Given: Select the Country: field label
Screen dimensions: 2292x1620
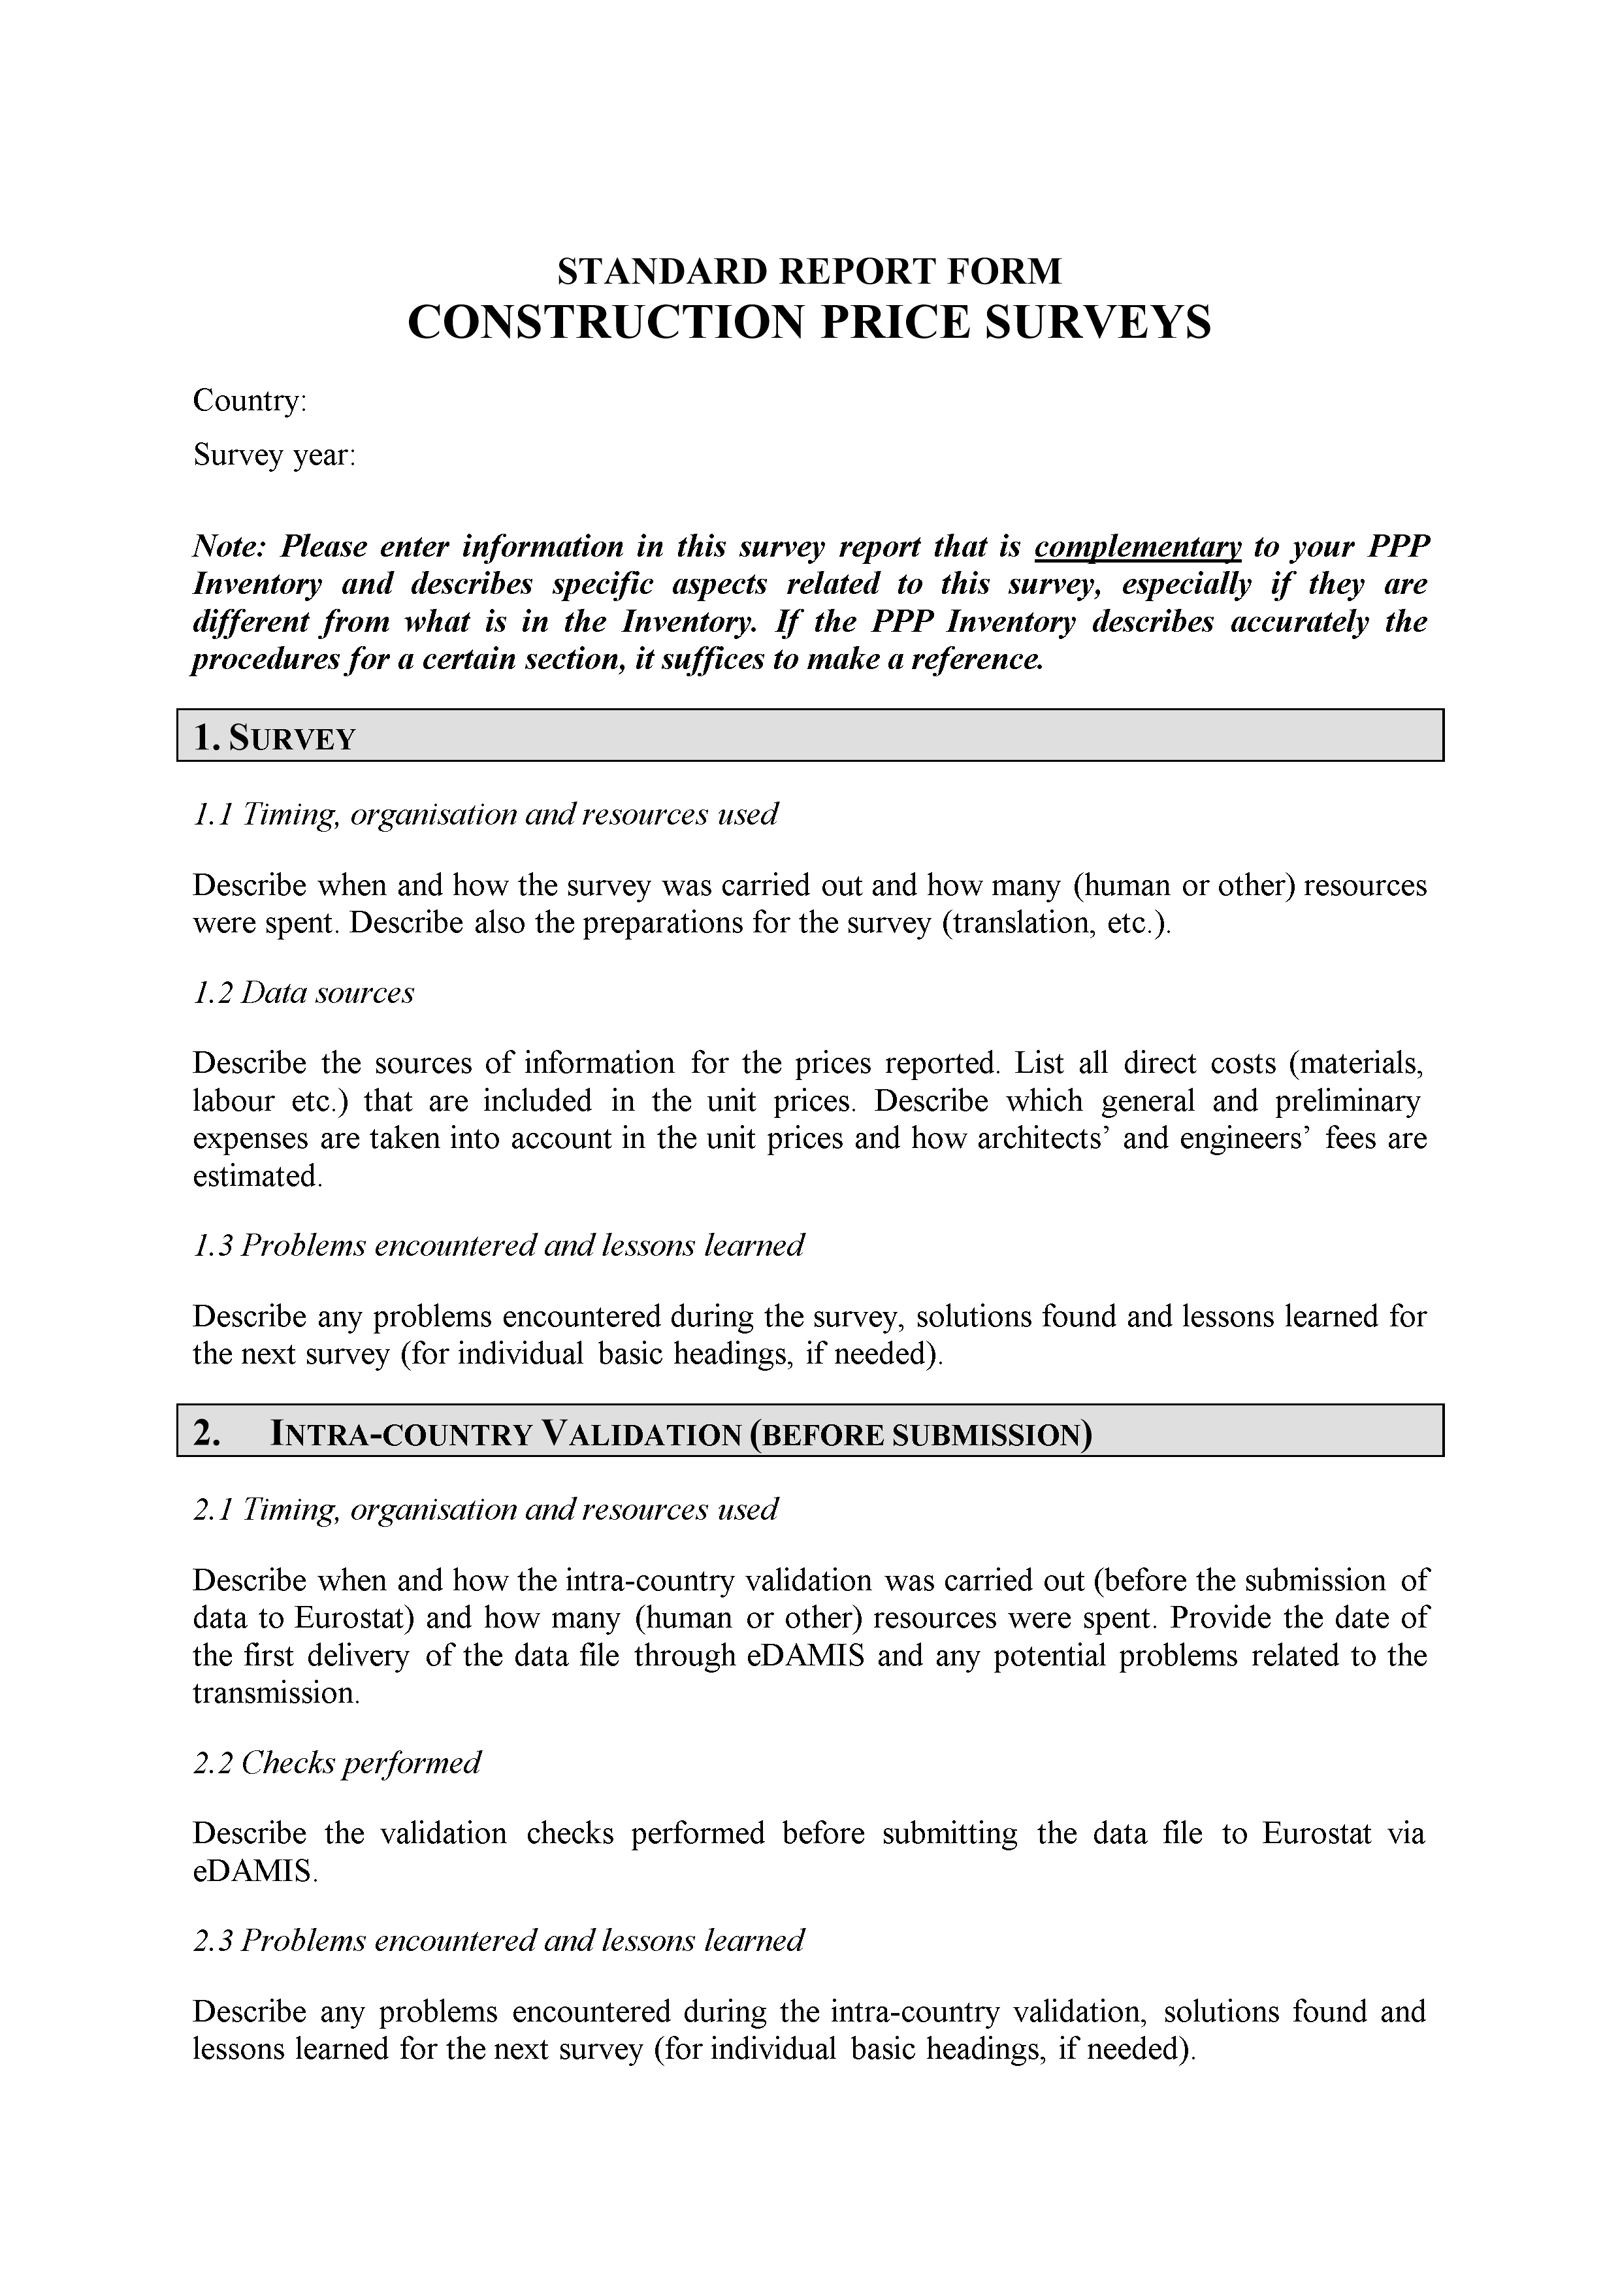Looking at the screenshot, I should [250, 401].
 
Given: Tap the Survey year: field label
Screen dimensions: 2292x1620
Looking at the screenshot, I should [274, 456].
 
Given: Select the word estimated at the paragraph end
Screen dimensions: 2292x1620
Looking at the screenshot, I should [255, 1177].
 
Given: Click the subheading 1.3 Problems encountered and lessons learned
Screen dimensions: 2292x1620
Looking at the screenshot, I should [497, 1246].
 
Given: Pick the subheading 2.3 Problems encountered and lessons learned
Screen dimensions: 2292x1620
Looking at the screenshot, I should [497, 1940].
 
